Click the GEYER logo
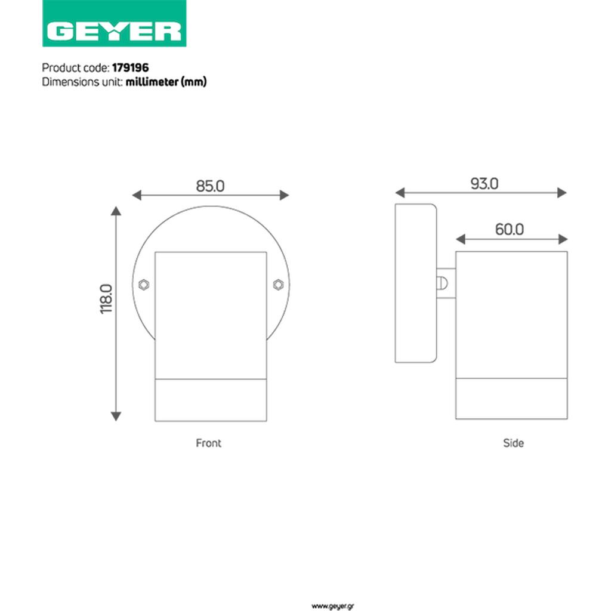tap(114, 23)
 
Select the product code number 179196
tap(131, 68)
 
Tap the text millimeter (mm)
tap(166, 82)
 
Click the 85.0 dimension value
tap(210, 186)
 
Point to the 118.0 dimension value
tap(106, 299)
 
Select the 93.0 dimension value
tap(485, 184)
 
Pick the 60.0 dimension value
tap(510, 229)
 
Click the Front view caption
tap(208, 443)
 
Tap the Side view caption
tap(513, 443)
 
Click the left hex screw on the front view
tap(144, 285)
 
